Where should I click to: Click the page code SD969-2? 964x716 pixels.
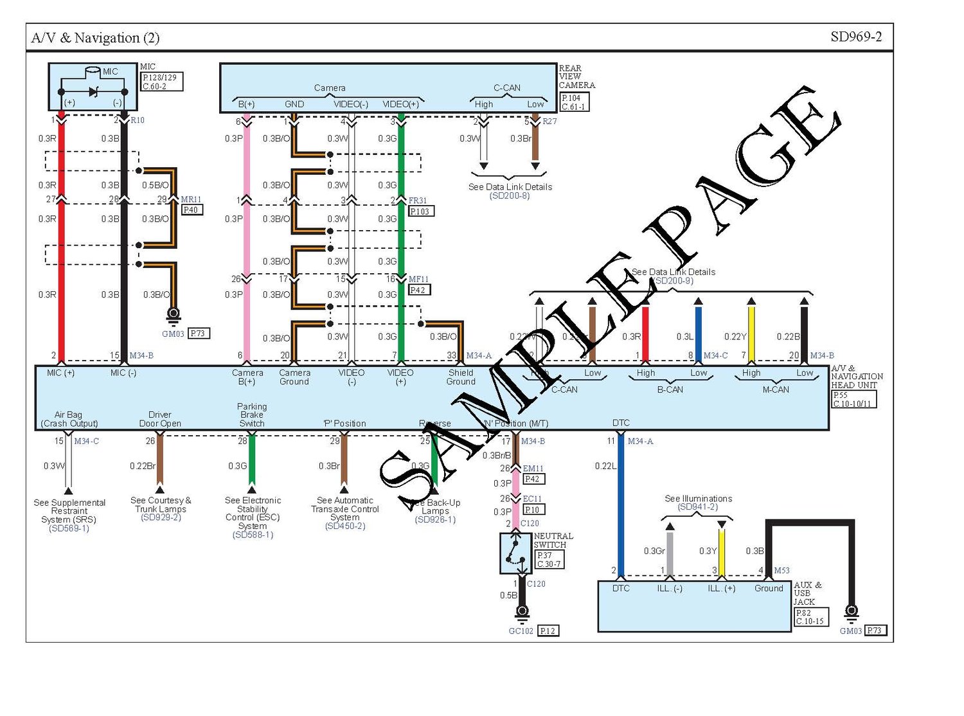coord(855,37)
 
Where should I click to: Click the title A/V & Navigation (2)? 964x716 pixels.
coord(95,38)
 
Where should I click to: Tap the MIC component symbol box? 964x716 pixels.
coord(93,87)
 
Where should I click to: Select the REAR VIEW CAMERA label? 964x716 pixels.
coord(576,76)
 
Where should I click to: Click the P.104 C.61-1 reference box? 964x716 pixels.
coord(574,102)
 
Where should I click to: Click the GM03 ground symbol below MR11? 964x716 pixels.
coord(173,314)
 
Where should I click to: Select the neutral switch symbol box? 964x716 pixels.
coord(515,553)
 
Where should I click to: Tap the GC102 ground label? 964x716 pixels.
coord(521,631)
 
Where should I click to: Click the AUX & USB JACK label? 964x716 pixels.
coord(807,593)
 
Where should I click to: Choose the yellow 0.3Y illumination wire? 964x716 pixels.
coord(722,551)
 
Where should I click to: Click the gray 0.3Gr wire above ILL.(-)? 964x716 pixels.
coord(670,551)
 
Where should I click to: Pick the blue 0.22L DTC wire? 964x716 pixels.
coord(620,501)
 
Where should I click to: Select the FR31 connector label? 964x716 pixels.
coord(418,201)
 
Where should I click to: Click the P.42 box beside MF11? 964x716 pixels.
coord(420,290)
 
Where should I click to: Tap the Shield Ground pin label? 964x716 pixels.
coord(461,377)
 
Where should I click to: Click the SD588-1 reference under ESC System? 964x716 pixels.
coord(253,535)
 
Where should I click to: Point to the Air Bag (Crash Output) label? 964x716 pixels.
coord(69,419)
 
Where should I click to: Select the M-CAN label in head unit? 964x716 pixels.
coord(776,389)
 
